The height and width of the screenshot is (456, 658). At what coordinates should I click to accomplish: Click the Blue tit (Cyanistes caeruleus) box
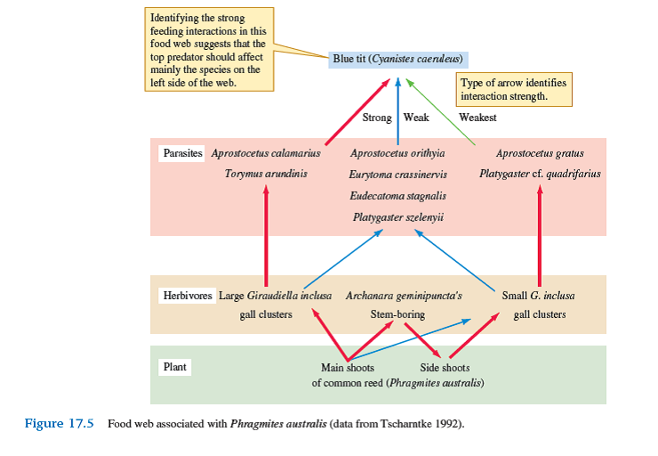coord(397,59)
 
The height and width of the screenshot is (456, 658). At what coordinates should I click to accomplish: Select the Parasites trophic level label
coord(183,153)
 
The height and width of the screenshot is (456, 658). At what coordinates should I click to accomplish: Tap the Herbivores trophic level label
coord(188,296)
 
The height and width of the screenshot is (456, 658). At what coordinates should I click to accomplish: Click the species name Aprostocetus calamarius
coord(266,153)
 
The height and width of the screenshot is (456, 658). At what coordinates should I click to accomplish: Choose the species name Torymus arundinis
coord(266,173)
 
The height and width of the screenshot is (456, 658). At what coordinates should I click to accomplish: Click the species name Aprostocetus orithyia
coord(397,153)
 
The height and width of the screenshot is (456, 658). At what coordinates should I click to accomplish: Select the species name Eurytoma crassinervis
coord(397,175)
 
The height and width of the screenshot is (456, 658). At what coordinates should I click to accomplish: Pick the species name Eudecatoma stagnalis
coord(397,195)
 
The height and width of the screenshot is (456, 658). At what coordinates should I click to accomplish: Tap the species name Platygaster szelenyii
coord(397,216)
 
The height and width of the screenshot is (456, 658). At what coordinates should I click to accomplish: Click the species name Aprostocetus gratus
coord(540,153)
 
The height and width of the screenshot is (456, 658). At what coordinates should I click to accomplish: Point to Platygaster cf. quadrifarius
coord(540,173)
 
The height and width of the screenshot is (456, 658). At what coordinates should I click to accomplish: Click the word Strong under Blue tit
coord(377,118)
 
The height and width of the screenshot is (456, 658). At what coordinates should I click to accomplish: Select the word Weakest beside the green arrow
coord(477,118)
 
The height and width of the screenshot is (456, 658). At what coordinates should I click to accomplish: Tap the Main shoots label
coord(348,367)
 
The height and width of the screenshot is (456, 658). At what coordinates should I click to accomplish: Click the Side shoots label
coord(445,367)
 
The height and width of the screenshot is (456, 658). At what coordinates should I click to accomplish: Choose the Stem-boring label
coord(397,314)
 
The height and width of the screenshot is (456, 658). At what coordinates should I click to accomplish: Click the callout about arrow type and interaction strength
coord(513,89)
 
